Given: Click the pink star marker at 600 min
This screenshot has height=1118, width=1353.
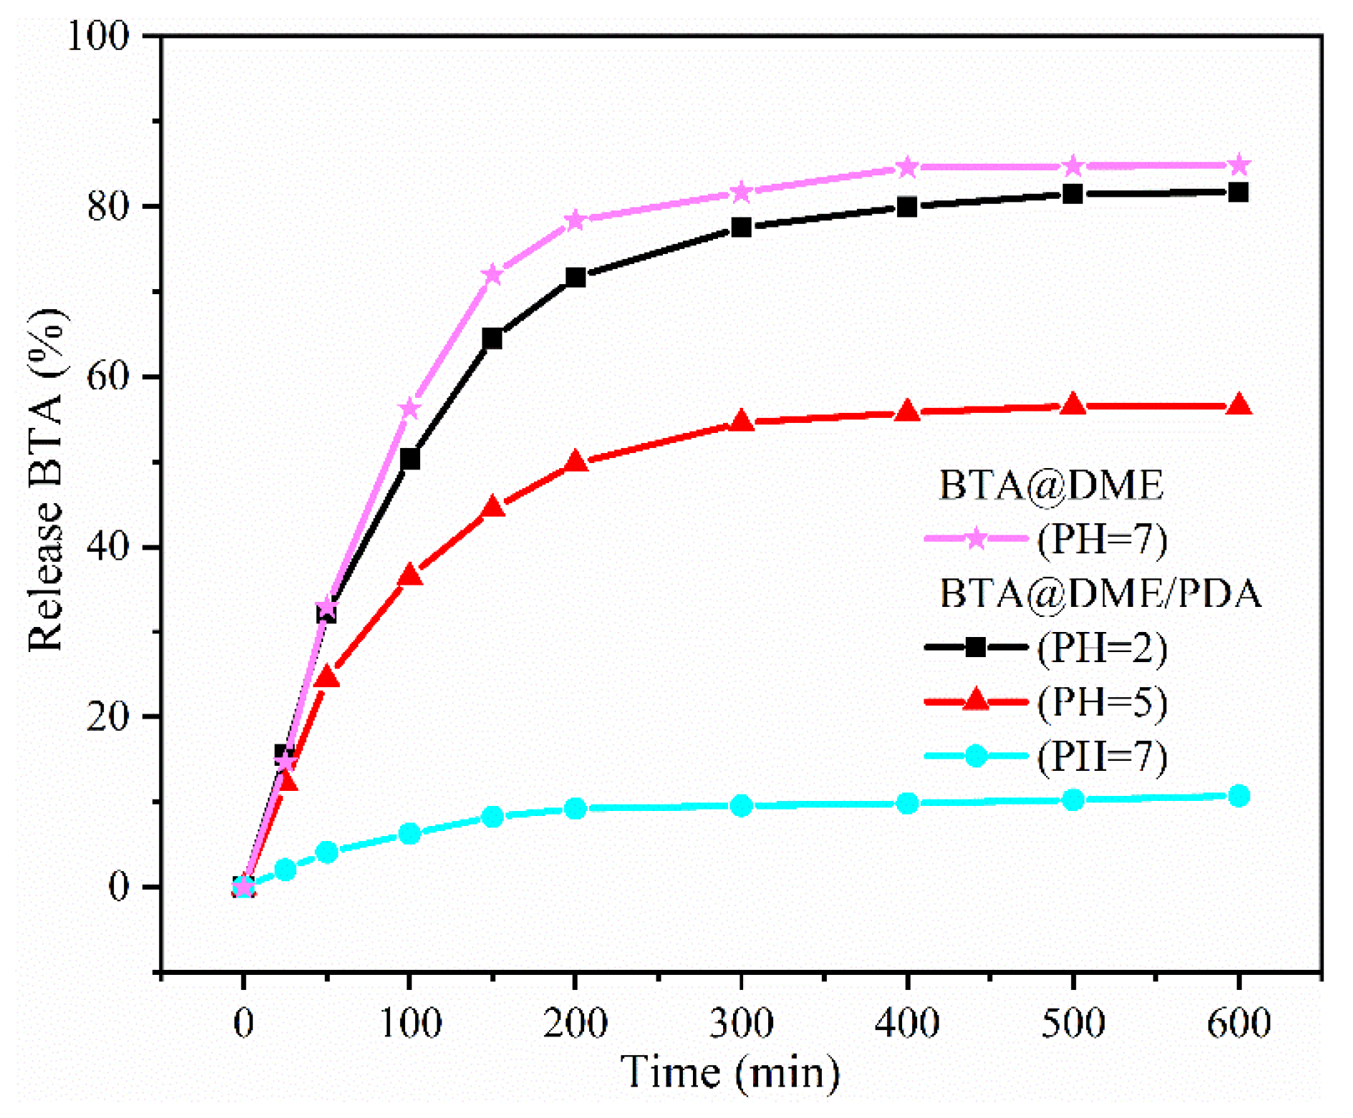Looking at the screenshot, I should (1238, 166).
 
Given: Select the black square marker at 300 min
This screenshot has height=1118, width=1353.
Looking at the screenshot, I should (742, 228).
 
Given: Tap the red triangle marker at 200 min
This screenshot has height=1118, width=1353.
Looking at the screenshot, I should (576, 462).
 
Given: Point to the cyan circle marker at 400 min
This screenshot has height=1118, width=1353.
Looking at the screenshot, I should (907, 803).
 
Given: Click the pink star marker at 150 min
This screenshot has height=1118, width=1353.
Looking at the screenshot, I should (493, 275).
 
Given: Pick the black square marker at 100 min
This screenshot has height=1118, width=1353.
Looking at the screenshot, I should (409, 459).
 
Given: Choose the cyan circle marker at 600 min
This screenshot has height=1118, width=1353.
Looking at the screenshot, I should (1238, 796).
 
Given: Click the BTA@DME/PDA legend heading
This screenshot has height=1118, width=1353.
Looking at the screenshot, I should (1099, 594).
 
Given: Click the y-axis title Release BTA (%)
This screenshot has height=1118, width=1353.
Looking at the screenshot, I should (46, 480).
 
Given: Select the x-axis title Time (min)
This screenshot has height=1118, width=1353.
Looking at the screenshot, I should (730, 1072).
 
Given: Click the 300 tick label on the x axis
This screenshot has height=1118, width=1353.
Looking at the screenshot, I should (742, 1022).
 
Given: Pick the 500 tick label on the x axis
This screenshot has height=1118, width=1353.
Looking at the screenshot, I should (1072, 1022).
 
